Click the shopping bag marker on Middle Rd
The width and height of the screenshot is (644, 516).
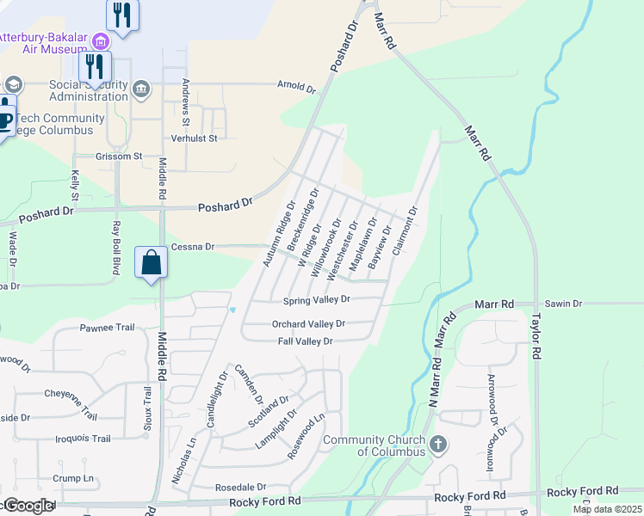(x=151, y=261)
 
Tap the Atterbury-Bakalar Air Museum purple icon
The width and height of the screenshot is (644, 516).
(x=102, y=40)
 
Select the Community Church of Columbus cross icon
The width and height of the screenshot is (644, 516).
(x=438, y=445)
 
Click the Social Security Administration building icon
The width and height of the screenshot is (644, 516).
(x=141, y=87)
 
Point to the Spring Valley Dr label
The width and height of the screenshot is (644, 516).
(x=317, y=300)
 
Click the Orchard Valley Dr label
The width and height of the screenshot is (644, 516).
(x=308, y=324)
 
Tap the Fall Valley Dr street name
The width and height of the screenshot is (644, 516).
(x=305, y=341)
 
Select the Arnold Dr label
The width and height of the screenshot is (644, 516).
(x=296, y=87)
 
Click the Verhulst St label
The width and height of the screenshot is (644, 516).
(x=194, y=138)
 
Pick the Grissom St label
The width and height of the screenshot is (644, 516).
(x=119, y=157)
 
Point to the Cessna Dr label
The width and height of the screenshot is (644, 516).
(x=191, y=247)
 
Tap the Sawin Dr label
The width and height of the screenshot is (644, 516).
(x=564, y=304)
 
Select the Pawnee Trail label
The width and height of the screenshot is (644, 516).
(x=108, y=328)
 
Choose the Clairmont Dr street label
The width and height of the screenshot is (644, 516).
(x=405, y=230)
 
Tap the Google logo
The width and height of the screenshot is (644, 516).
(x=28, y=506)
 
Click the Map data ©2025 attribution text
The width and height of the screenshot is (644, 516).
(x=607, y=509)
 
